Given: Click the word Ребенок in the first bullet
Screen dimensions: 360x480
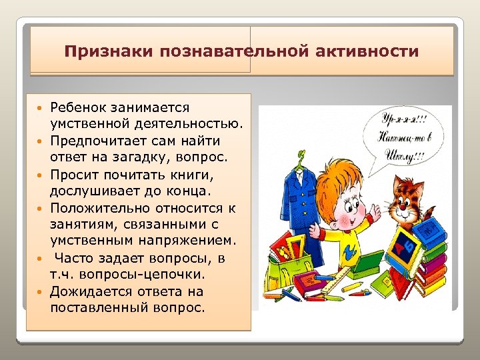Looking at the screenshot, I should tap(77, 107).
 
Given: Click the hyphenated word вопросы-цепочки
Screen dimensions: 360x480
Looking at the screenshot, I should tap(146, 274).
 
